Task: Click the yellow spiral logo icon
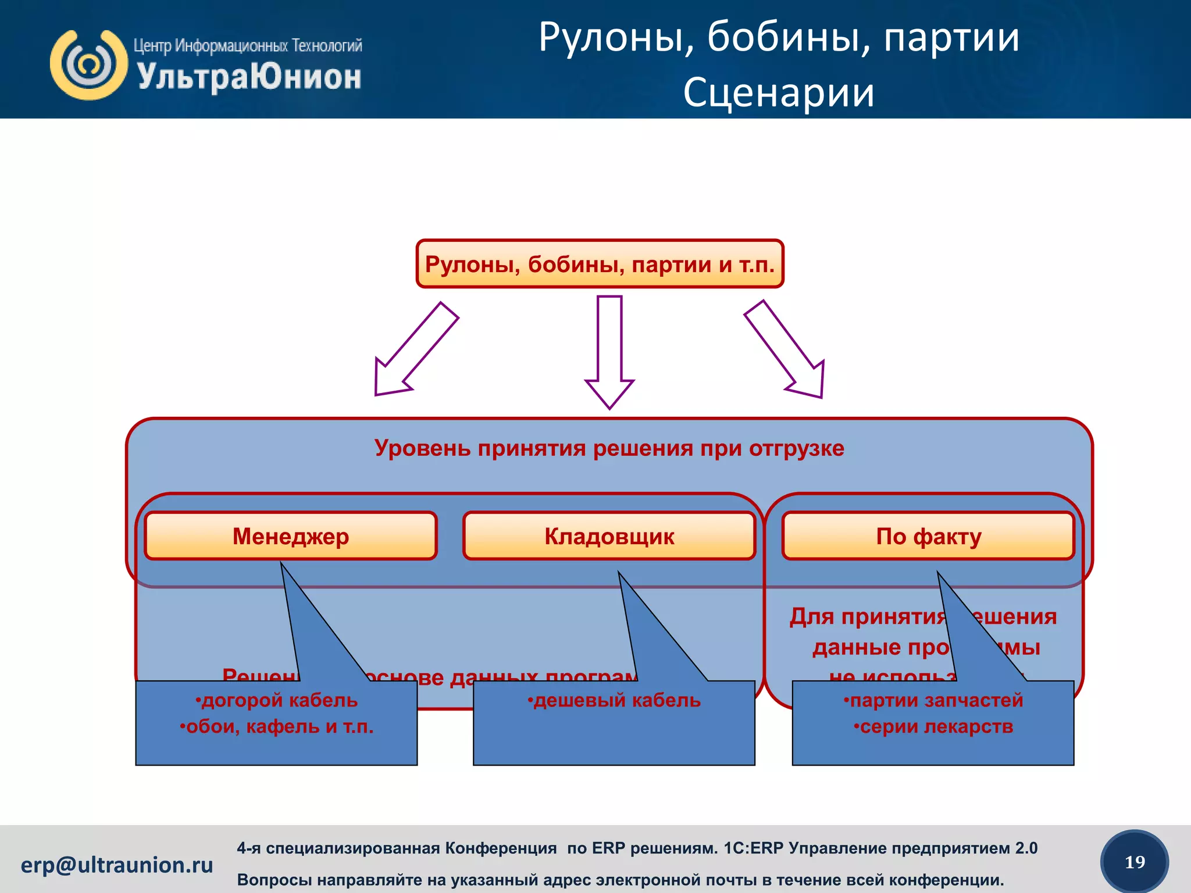tap(88, 65)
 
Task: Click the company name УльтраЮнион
tap(249, 78)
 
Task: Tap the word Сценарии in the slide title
tap(778, 93)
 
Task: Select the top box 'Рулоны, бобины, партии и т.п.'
tap(600, 265)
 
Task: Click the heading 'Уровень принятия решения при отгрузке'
tap(609, 448)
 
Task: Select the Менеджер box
tap(290, 536)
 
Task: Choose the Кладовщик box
tap(609, 536)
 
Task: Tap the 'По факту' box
tap(928, 536)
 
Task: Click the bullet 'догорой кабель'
tap(277, 701)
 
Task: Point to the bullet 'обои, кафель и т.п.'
tap(277, 727)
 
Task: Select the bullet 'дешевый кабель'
tap(614, 701)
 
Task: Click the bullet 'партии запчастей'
tap(933, 701)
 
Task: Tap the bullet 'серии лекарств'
tap(933, 727)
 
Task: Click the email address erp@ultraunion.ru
tap(117, 865)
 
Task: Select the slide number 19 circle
tap(1134, 862)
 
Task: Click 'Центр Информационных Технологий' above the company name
tap(248, 45)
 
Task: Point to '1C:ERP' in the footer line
tap(747, 848)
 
